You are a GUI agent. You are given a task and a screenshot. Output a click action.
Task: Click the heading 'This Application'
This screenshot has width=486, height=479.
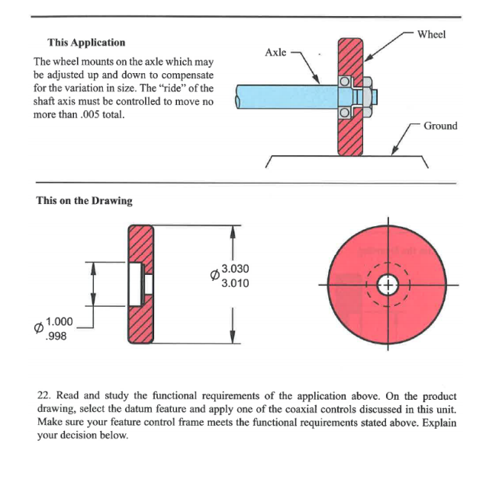[86, 43]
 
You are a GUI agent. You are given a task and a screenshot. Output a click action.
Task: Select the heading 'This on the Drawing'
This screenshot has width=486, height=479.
[84, 201]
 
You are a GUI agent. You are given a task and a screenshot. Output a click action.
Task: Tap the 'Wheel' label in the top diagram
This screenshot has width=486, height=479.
[432, 34]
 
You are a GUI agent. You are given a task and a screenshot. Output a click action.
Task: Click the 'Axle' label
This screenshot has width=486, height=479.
[275, 53]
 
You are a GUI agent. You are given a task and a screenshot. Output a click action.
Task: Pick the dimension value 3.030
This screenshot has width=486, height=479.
[234, 270]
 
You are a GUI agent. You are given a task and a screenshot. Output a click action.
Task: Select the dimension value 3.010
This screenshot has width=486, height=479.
[234, 283]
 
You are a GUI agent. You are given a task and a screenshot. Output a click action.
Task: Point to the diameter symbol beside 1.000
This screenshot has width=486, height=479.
[36, 328]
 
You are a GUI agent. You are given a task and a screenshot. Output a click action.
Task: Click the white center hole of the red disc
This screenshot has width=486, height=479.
[388, 284]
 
